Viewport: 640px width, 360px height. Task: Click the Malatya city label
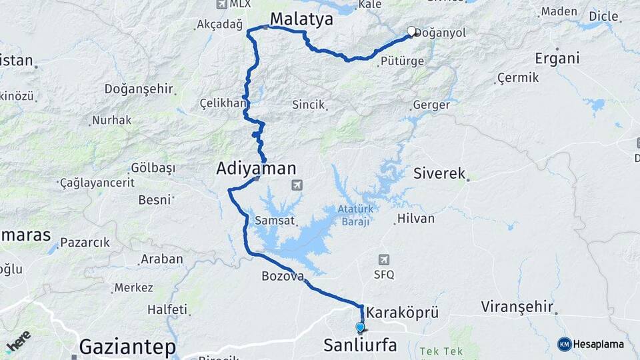coord(301,19)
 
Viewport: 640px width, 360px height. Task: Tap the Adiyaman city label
coord(256,169)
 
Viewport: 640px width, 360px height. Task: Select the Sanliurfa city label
coord(360,345)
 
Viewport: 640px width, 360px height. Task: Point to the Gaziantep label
coord(127,347)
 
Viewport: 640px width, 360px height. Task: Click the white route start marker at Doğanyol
coord(411,31)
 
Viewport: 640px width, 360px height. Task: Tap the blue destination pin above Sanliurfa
coord(361,327)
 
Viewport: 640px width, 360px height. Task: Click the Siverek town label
coord(439,173)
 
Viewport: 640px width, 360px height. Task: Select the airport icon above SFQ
coord(383,259)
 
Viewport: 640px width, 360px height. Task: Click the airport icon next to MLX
coord(222,4)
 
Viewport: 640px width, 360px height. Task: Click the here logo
coord(18,341)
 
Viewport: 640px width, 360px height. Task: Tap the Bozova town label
coord(283,275)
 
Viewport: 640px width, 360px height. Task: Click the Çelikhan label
coord(222,104)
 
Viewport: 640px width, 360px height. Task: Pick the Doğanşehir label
coord(139,89)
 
